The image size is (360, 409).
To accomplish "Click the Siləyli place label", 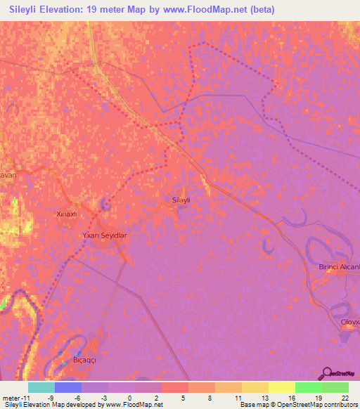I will click(182, 200).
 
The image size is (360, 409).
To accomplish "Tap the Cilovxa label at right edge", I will click(350, 321).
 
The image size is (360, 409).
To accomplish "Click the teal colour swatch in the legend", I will click(41, 387).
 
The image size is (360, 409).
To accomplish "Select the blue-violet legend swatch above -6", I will click(68, 387).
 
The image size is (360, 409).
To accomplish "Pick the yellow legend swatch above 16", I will click(282, 387).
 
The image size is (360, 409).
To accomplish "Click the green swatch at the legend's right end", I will click(335, 387).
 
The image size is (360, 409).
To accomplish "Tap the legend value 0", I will click(129, 398).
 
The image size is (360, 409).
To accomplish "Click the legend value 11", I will click(236, 398).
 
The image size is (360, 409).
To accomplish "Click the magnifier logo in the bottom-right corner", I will click(327, 372).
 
